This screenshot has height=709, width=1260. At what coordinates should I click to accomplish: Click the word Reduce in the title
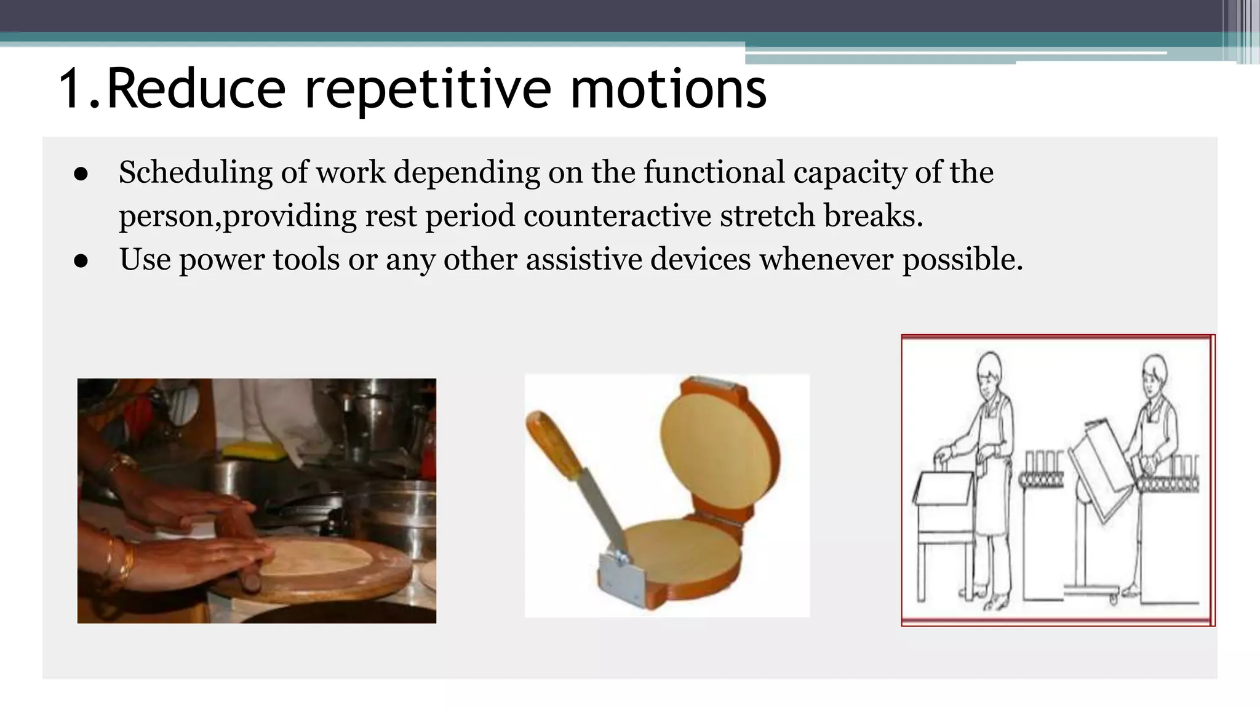point(197,89)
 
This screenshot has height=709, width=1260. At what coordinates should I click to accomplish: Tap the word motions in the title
point(668,89)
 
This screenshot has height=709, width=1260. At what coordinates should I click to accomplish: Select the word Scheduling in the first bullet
point(195,172)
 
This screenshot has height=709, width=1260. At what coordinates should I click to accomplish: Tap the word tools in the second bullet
point(306,259)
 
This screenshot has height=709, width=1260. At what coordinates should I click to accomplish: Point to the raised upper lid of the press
point(717,443)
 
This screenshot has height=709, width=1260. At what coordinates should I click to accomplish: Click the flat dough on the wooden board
point(320,557)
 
